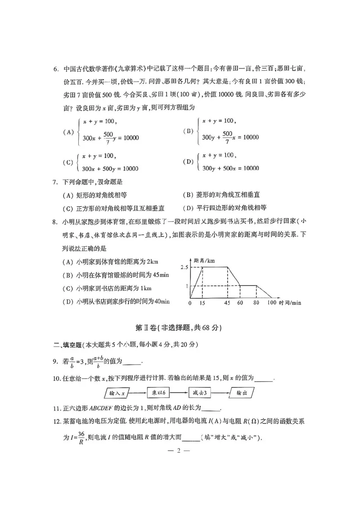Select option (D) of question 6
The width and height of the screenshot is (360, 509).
pyautogui.click(x=188, y=162)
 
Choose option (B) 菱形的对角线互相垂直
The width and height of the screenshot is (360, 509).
pyautogui.click(x=221, y=195)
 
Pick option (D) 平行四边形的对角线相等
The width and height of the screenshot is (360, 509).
pyautogui.click(x=225, y=208)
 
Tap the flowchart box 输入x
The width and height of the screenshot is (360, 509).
pyautogui.click(x=119, y=393)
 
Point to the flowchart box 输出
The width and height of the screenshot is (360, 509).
pyautogui.click(x=241, y=393)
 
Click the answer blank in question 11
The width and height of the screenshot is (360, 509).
pyautogui.click(x=212, y=409)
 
